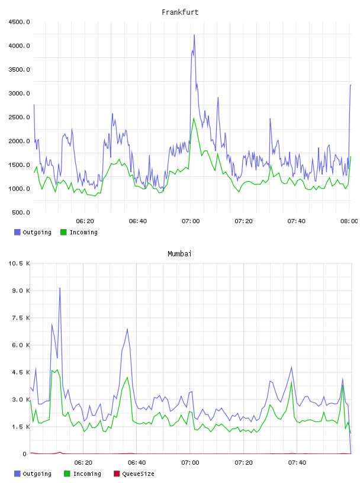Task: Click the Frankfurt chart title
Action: (x=180, y=12)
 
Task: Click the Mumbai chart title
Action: (x=179, y=253)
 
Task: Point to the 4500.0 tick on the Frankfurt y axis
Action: (x=19, y=22)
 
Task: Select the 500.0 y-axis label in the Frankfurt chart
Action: (x=21, y=212)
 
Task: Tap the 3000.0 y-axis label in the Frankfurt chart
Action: (x=19, y=94)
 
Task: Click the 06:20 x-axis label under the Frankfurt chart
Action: (x=85, y=221)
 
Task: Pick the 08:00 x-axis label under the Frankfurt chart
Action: (x=349, y=221)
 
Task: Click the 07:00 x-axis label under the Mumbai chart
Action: (x=190, y=462)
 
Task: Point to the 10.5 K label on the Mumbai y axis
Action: (x=19, y=263)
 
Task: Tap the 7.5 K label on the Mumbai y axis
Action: (x=21, y=318)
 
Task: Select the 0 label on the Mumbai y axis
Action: (x=25, y=454)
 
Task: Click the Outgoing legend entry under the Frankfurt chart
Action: (x=33, y=232)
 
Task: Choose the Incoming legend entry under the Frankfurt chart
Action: (x=79, y=232)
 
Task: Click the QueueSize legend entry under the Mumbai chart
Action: (x=134, y=474)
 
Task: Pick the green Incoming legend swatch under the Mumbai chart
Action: (x=67, y=474)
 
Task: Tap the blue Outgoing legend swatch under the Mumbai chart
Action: (x=17, y=474)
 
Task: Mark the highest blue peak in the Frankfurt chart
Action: (x=194, y=35)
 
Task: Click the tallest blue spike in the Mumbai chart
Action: (x=60, y=288)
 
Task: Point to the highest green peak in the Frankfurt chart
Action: (x=194, y=118)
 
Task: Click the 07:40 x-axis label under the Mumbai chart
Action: (x=297, y=462)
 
